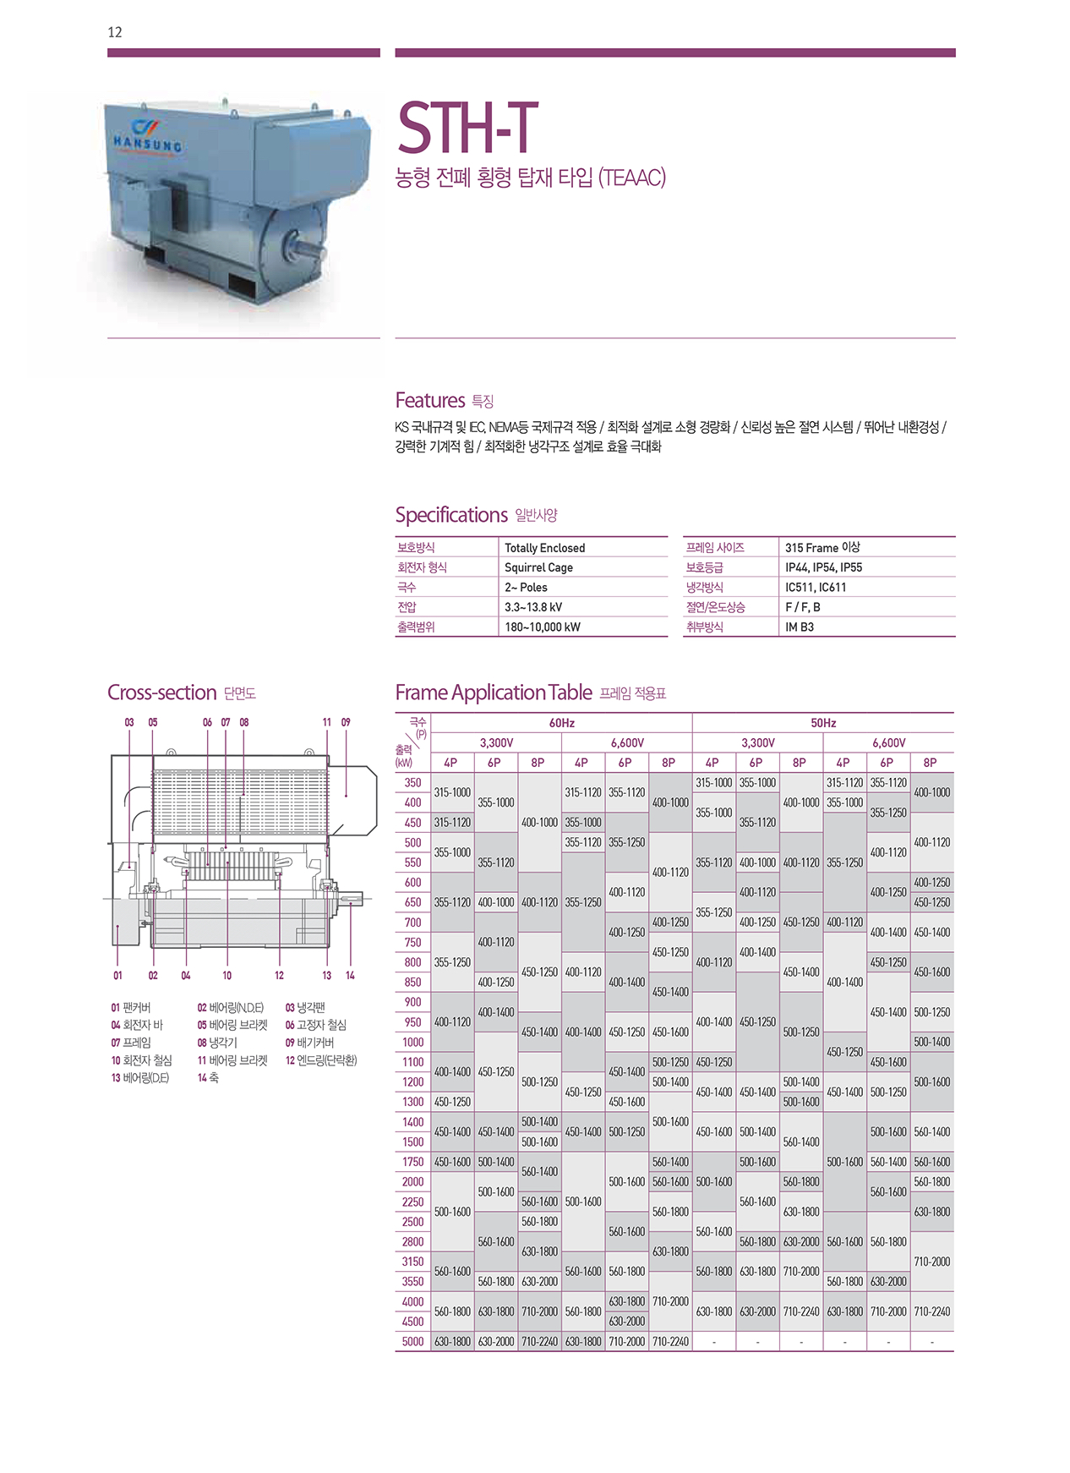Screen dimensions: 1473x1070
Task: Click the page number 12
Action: click(x=115, y=32)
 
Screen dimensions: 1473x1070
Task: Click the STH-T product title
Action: click(x=467, y=128)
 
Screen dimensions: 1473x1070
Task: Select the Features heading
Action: click(x=430, y=400)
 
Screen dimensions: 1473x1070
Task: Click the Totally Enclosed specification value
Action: click(x=544, y=548)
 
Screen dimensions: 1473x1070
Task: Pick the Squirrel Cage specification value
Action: click(x=538, y=567)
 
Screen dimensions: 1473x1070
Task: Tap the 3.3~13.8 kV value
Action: click(x=533, y=607)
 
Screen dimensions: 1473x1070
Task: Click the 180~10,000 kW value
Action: click(x=542, y=627)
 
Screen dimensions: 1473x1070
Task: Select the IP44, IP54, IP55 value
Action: click(x=823, y=567)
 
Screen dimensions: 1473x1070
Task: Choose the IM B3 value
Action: click(x=799, y=627)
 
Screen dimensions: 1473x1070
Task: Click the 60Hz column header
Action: click(x=561, y=723)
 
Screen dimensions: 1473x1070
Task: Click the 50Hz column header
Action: click(x=822, y=723)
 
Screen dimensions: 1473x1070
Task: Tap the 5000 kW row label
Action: click(x=412, y=1341)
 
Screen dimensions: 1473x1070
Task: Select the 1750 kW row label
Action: click(x=412, y=1162)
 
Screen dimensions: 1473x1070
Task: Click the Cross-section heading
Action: click(x=162, y=693)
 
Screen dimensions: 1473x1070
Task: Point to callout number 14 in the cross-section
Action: click(x=350, y=975)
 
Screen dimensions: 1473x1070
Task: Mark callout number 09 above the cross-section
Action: click(x=346, y=722)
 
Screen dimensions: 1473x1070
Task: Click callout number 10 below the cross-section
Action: click(x=227, y=975)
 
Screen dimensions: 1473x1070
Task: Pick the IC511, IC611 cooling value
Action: click(x=815, y=587)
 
